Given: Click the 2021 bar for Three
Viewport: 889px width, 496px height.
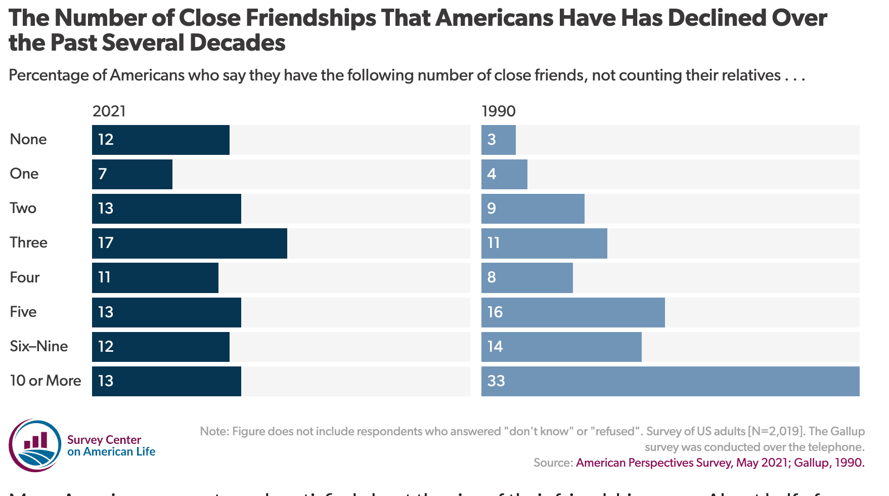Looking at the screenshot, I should pyautogui.click(x=190, y=243).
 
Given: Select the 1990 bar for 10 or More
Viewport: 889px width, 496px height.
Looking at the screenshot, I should pyautogui.click(x=670, y=381).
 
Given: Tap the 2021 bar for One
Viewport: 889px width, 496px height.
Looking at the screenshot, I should pyautogui.click(x=132, y=174).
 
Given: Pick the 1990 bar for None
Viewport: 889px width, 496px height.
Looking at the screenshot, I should pyautogui.click(x=499, y=140).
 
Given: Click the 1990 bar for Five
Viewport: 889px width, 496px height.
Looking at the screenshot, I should pyautogui.click(x=573, y=312).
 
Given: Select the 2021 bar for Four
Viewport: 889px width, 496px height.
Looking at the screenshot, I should pyautogui.click(x=155, y=277).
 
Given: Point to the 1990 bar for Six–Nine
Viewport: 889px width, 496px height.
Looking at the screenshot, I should pyautogui.click(x=561, y=347).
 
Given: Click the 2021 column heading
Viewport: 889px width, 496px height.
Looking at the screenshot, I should pyautogui.click(x=109, y=111).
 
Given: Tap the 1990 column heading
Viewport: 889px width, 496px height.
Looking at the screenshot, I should pyautogui.click(x=499, y=111).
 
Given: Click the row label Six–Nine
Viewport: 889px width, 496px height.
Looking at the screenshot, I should pyautogui.click(x=39, y=346).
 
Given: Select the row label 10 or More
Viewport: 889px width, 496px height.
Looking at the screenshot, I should pyautogui.click(x=46, y=381).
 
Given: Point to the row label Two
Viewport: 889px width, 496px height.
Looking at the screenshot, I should pyautogui.click(x=23, y=208).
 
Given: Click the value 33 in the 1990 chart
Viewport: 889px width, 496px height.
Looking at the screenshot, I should pyautogui.click(x=496, y=381).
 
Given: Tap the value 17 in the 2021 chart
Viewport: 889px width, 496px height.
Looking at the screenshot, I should pyautogui.click(x=106, y=243).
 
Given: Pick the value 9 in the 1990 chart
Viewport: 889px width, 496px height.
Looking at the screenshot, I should pyautogui.click(x=492, y=209).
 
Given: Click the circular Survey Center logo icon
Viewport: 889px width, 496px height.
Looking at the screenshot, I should pyautogui.click(x=35, y=445).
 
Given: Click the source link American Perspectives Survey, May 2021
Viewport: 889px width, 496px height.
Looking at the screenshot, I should pyautogui.click(x=682, y=463).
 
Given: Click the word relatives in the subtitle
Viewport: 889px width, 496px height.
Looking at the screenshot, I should pyautogui.click(x=751, y=75).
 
